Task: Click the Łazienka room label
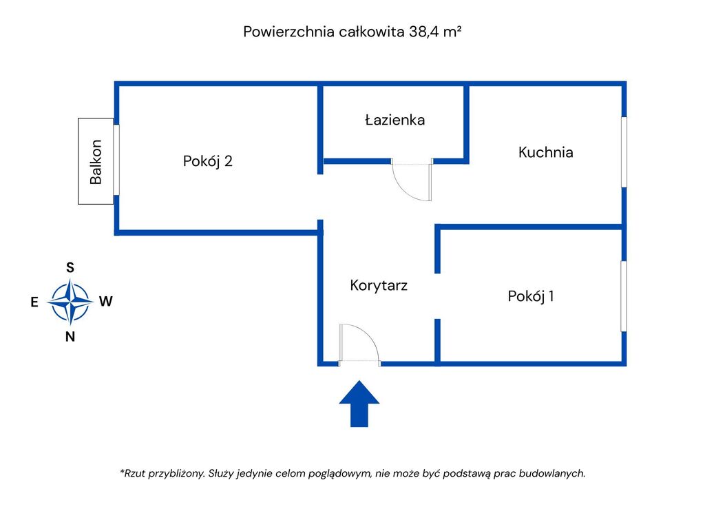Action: [x=394, y=120]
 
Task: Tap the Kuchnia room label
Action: [x=545, y=152]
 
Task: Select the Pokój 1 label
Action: [x=531, y=296]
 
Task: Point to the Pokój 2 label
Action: [x=207, y=161]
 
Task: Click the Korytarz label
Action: [x=379, y=285]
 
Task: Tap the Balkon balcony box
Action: [x=96, y=161]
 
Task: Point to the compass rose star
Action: [x=70, y=302]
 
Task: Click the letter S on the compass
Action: [x=70, y=268]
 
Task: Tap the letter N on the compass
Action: [x=70, y=338]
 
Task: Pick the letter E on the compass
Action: [x=34, y=302]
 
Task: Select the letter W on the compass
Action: [x=105, y=301]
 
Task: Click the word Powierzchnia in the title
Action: [x=289, y=32]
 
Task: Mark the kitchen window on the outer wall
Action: [x=624, y=152]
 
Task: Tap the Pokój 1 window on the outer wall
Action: [x=624, y=295]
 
